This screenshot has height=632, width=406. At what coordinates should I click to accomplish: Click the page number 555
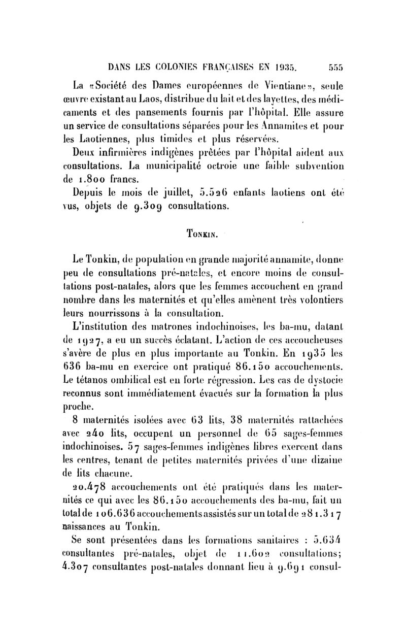pos(335,66)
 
